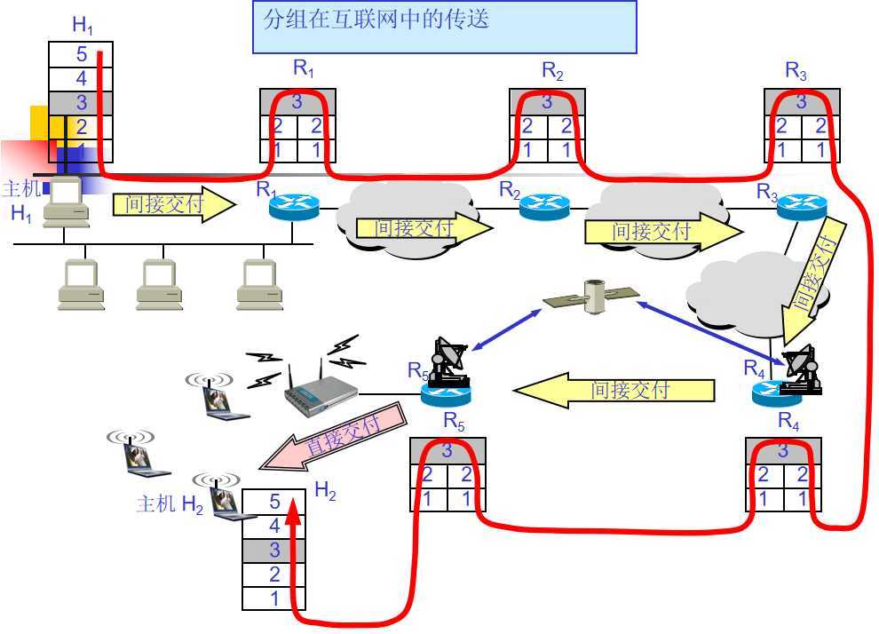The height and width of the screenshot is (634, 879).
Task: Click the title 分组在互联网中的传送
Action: (376, 19)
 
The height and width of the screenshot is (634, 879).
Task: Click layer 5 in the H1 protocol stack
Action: (81, 55)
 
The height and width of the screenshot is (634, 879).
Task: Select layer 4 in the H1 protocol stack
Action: (81, 79)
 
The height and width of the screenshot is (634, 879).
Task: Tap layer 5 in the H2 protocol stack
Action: (274, 503)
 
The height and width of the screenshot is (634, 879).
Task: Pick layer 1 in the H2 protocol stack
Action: (274, 598)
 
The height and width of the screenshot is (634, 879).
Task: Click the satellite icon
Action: (591, 297)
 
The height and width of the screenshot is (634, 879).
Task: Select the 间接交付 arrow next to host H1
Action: (174, 205)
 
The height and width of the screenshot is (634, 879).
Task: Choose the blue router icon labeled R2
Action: (542, 207)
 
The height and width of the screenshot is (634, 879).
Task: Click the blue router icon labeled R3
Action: (801, 207)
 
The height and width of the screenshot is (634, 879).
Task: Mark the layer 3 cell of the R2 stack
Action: (547, 101)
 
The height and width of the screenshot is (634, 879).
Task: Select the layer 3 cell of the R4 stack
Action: (783, 451)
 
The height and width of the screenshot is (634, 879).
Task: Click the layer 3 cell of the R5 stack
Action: (447, 451)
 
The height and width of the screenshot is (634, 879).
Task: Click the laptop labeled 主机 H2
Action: (223, 499)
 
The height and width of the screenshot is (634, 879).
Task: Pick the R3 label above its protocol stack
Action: (796, 69)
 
